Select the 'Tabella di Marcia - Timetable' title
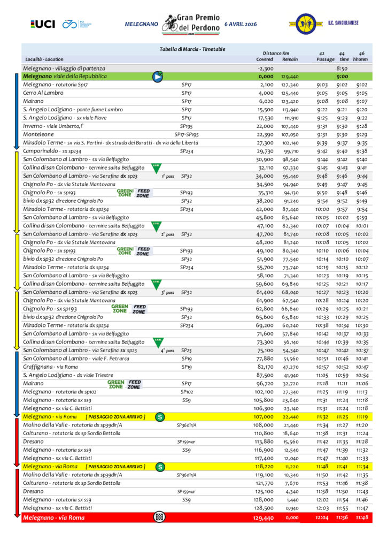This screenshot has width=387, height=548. pyautogui.click(x=192, y=49)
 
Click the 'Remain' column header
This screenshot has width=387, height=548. pyautogui.click(x=290, y=59)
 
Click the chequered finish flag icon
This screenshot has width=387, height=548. pyautogui.click(x=159, y=517)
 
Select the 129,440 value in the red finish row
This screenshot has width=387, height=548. pyautogui.click(x=262, y=518)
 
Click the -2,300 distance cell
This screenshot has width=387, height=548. pyautogui.click(x=265, y=68)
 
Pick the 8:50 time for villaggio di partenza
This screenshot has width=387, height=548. pyautogui.click(x=342, y=68)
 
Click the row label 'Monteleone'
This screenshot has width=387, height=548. pyautogui.click(x=37, y=134)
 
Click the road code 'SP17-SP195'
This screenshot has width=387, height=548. pyautogui.click(x=187, y=134)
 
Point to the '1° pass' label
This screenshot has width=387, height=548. pyautogui.click(x=167, y=176)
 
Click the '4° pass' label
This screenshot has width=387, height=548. pyautogui.click(x=167, y=351)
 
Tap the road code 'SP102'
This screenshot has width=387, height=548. pyautogui.click(x=187, y=392)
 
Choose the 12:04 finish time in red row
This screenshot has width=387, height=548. pyautogui.click(x=322, y=518)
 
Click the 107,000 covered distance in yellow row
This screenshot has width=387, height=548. pyautogui.click(x=264, y=416)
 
